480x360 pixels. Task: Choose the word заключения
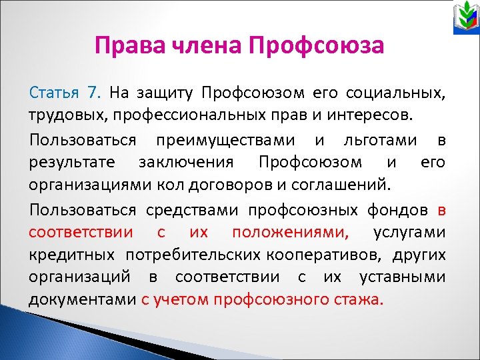pos(186,161)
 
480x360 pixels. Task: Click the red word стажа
pos(361,299)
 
